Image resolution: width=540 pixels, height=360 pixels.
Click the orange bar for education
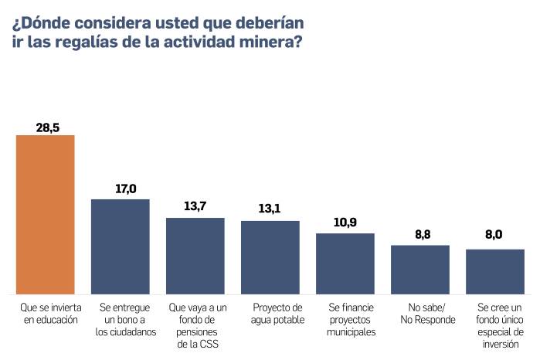(46, 214)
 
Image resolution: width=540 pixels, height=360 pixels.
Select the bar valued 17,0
(121, 246)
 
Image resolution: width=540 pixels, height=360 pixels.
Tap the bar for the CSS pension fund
(195, 256)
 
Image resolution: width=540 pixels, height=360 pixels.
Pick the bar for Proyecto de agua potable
(270, 257)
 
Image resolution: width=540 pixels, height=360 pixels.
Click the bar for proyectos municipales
(345, 263)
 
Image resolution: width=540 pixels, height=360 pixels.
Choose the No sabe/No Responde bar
(420, 270)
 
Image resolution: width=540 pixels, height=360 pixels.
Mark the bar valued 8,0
(495, 272)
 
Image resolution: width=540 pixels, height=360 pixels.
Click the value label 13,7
(195, 207)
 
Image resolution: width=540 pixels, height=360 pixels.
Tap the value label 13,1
(270, 209)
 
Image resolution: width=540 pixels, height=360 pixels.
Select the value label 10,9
(345, 222)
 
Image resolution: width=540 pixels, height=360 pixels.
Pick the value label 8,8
(420, 234)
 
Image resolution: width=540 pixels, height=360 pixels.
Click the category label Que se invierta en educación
(46, 314)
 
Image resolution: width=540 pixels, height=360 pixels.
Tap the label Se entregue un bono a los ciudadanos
(121, 320)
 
